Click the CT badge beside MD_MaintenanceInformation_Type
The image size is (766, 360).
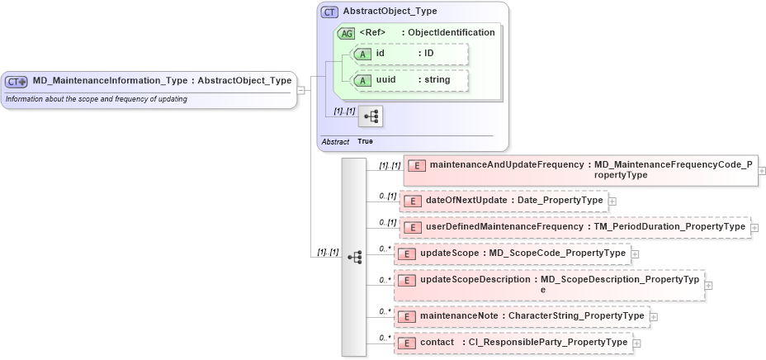pos(17,81)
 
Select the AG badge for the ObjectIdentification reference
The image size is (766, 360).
pos(348,33)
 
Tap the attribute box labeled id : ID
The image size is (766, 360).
pos(409,54)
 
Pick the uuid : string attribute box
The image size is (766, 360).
pos(409,80)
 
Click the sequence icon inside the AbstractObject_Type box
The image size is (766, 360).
pos(370,117)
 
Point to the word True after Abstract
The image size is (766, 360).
pos(365,142)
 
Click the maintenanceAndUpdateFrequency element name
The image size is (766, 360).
pos(507,164)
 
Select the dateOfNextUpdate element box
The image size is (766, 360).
pos(504,201)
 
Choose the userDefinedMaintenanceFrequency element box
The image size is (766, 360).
pos(574,227)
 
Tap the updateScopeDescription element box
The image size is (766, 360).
pos(549,285)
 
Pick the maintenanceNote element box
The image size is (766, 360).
pos(521,315)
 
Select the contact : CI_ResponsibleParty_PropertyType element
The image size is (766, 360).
pos(513,343)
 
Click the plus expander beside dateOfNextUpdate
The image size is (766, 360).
pos(612,201)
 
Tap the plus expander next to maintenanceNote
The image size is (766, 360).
pos(654,316)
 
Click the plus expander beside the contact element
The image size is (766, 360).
pos(637,343)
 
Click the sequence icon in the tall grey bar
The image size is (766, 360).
pos(355,257)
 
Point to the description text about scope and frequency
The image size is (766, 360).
pos(96,99)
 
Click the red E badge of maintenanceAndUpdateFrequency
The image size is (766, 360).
pos(418,165)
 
